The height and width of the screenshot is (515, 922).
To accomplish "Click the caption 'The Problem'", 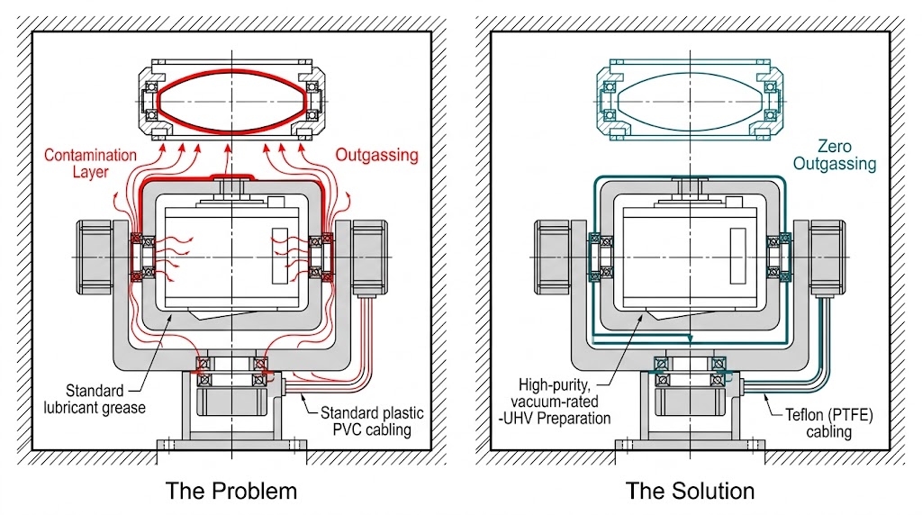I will pyautogui.click(x=230, y=491).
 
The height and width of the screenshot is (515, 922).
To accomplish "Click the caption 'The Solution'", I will pyautogui.click(x=690, y=491).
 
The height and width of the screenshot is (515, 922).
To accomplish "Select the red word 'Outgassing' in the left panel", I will pyautogui.click(x=376, y=155).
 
